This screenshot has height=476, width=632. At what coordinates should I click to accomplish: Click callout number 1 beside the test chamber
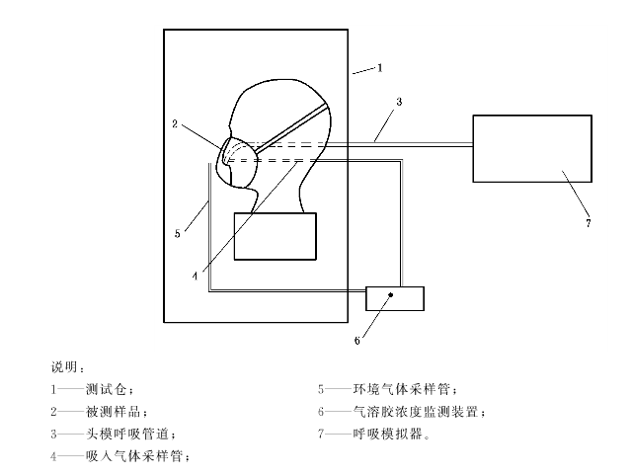pos(380,68)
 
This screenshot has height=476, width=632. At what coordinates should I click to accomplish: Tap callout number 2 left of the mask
pos(174,124)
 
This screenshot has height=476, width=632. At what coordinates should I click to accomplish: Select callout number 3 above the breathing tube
pos(398,102)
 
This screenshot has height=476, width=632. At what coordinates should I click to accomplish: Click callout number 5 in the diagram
pos(178,234)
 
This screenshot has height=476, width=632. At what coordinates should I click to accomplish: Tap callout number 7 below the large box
pos(588,223)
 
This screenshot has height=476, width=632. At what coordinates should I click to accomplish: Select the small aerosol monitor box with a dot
pos(395,296)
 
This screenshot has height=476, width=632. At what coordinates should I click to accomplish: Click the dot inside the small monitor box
pos(393,294)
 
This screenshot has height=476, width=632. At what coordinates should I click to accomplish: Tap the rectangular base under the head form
pos(276,236)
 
